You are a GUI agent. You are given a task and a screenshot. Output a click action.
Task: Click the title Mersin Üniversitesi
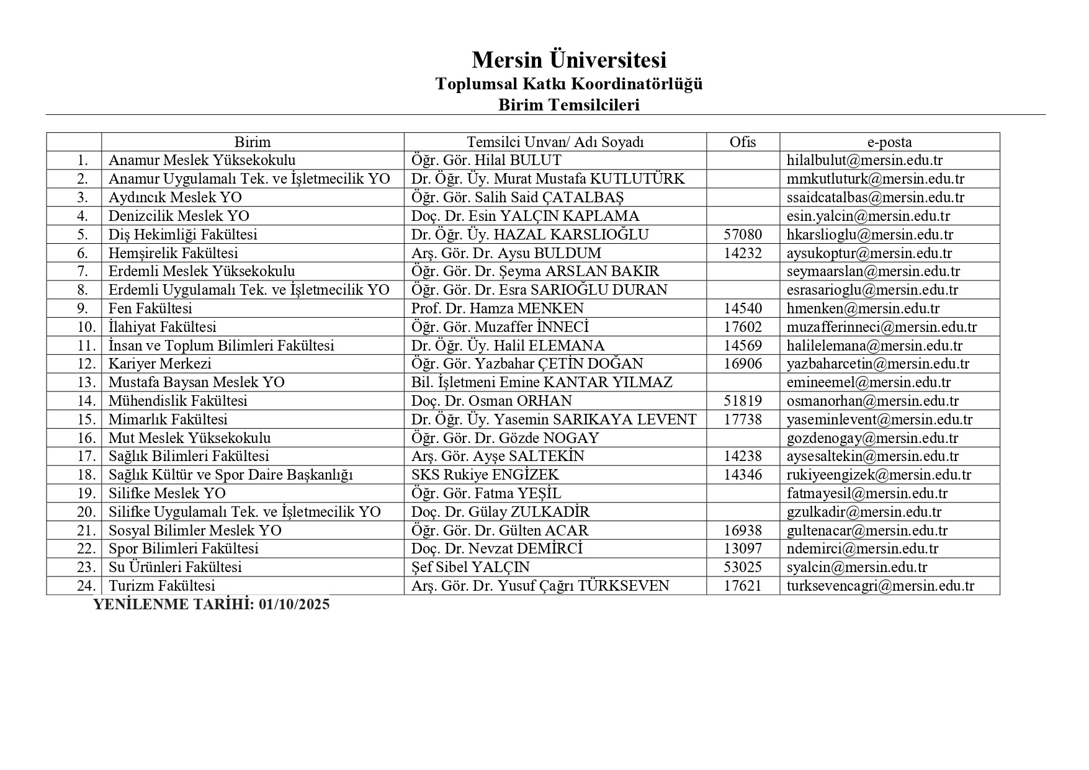coord(568,60)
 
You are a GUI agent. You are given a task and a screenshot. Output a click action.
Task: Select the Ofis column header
coord(742,142)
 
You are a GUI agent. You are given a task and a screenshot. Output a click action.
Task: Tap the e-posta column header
coord(889,142)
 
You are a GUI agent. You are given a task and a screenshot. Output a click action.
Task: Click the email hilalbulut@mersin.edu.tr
coord(864,161)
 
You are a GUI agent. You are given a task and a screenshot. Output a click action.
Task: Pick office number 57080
coord(742,235)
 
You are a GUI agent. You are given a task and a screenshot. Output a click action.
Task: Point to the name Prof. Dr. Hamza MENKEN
coord(497,308)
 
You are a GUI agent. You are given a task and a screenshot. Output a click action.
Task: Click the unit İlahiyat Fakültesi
coord(163,327)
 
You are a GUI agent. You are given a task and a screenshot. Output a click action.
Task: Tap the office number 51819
coord(742,401)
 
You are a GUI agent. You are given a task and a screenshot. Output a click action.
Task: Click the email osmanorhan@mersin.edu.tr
coord(872,401)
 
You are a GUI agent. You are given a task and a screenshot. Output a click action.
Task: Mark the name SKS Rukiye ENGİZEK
coord(485,475)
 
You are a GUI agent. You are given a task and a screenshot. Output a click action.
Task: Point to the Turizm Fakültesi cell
coord(162,586)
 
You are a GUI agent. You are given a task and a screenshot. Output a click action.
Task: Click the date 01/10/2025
coord(295,604)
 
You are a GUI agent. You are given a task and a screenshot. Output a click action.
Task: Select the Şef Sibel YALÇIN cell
coord(470,567)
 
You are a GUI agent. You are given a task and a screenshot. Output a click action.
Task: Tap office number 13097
coord(742,548)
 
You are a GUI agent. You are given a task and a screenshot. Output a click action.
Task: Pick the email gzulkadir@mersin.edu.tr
coord(864,512)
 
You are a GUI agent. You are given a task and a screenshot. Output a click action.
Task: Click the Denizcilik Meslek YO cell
coord(179,216)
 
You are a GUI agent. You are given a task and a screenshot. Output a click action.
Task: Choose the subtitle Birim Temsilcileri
coord(568,105)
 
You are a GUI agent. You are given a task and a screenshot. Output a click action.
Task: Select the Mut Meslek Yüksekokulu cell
coord(189,438)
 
